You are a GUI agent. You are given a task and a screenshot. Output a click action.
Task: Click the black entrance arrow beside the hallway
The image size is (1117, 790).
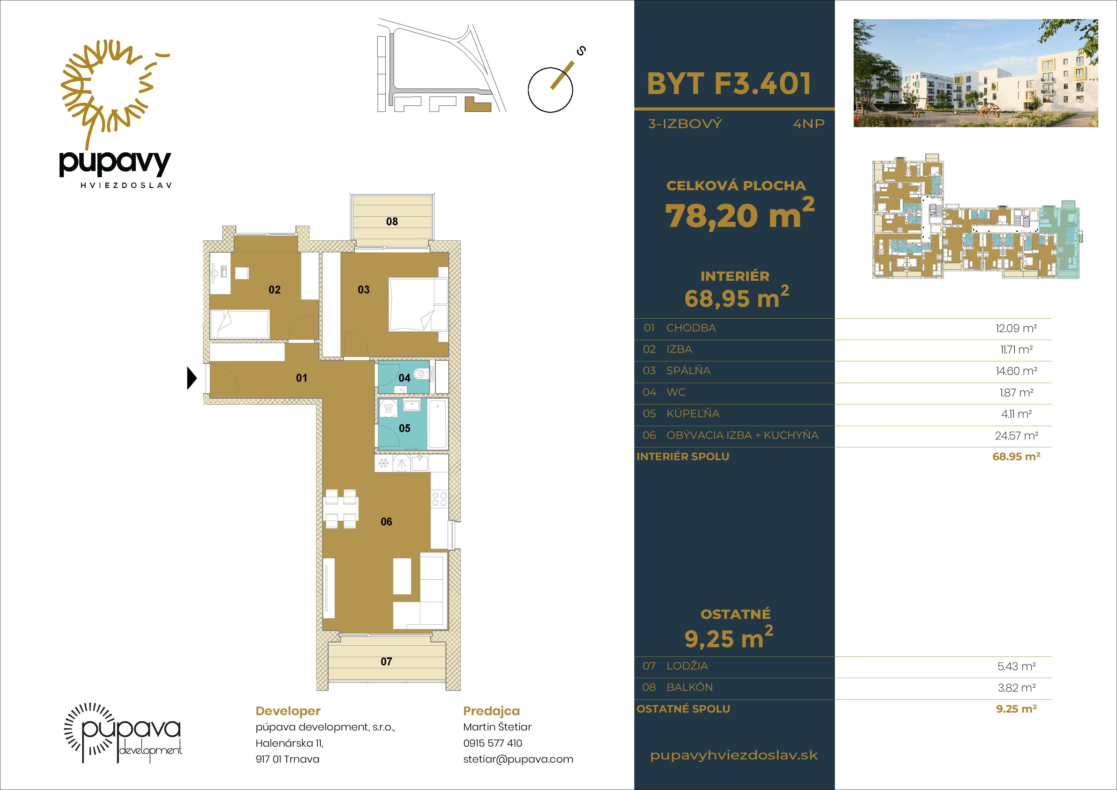tap(192, 378)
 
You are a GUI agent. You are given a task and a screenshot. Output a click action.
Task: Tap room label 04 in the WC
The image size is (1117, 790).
tap(404, 378)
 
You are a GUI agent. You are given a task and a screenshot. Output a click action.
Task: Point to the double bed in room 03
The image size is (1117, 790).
tap(418, 304)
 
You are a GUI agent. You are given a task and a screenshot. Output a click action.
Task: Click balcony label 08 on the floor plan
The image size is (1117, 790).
tap(392, 221)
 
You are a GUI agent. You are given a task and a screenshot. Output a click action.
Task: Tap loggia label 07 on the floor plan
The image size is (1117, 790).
tap(386, 662)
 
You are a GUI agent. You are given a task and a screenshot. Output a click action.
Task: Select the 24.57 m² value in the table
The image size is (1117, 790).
tap(1016, 436)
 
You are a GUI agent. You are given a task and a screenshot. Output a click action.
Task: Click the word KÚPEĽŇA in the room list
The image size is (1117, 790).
tap(693, 414)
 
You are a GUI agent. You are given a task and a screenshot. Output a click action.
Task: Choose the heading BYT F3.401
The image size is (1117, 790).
tap(729, 84)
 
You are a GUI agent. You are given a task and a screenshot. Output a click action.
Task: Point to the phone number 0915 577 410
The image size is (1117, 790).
tap(492, 743)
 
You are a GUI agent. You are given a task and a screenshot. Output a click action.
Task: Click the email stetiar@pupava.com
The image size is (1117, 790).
tap(518, 759)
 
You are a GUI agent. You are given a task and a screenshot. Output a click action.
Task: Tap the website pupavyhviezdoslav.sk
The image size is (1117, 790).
tap(734, 756)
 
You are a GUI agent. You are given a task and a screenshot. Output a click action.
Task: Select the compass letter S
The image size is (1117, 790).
tap(580, 51)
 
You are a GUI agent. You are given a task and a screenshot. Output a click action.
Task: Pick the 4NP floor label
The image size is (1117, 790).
tap(809, 124)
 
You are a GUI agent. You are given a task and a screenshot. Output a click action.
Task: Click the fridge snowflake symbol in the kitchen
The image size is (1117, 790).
tap(384, 463)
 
